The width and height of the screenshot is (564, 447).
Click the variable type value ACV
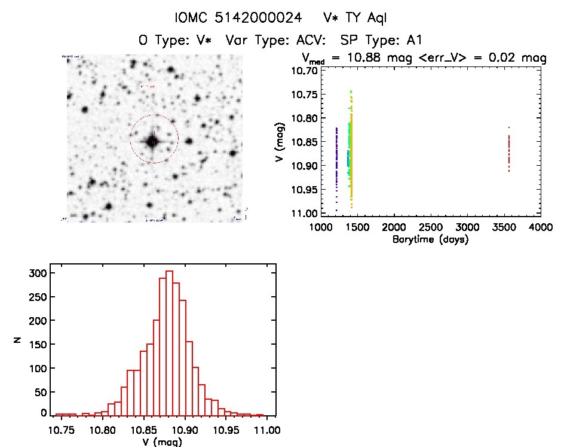pyautogui.click(x=313, y=41)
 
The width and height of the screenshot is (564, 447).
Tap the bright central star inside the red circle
pyautogui.click(x=152, y=141)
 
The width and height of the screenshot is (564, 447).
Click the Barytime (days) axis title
pyautogui.click(x=430, y=240)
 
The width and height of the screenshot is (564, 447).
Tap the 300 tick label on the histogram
pyautogui.click(x=38, y=273)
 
